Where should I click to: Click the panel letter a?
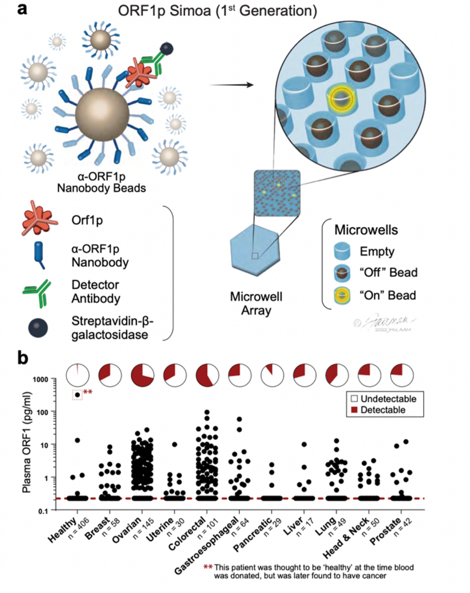22,9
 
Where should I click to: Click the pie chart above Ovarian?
142,375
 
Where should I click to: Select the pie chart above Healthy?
78,375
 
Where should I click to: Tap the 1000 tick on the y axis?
40,379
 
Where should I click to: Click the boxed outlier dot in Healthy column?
78,395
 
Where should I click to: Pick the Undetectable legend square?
354,399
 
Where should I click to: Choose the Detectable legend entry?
378,410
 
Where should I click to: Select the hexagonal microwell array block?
255,253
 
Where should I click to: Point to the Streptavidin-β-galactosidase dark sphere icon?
38,328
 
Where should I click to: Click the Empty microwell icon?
342,251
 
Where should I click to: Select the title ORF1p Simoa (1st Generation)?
217,11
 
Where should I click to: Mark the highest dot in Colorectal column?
207,412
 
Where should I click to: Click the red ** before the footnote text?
208,567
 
